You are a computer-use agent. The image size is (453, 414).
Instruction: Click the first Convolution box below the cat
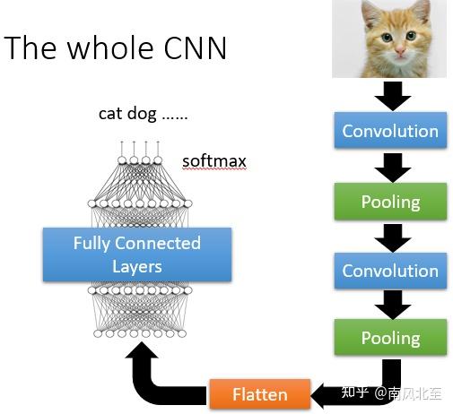coord(390,131)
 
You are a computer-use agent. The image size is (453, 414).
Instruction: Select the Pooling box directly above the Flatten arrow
coord(390,338)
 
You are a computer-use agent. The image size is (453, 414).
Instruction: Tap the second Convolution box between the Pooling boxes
coord(390,270)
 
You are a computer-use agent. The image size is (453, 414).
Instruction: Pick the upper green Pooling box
coord(390,202)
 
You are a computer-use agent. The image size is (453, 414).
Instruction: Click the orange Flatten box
coord(260,394)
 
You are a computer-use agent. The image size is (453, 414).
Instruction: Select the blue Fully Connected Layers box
coord(136,254)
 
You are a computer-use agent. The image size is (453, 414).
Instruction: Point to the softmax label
coord(213,162)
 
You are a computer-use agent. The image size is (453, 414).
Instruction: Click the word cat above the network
coord(109,115)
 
